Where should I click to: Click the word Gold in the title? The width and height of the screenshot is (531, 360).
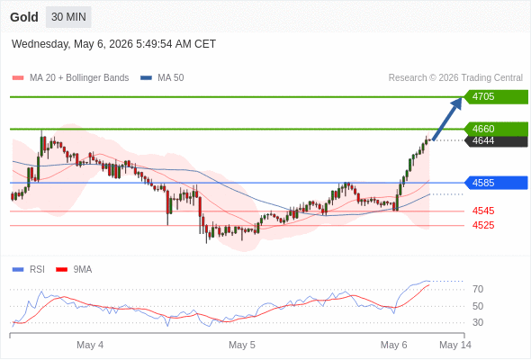click(24, 17)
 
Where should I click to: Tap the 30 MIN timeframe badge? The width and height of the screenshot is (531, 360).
click(68, 17)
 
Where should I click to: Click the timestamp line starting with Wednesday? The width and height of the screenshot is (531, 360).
click(113, 44)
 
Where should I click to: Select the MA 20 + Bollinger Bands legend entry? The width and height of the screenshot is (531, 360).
click(70, 78)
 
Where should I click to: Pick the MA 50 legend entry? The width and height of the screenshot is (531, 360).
click(162, 78)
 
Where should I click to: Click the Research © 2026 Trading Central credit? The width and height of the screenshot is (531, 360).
click(455, 78)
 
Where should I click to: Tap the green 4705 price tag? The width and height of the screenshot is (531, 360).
click(496, 97)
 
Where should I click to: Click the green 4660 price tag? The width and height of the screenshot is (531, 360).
click(496, 129)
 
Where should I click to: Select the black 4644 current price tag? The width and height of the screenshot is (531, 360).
click(496, 141)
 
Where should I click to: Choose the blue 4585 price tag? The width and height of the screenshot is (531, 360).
click(496, 183)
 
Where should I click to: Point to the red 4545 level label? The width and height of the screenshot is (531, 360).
click(483, 211)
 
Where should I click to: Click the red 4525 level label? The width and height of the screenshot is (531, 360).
click(483, 225)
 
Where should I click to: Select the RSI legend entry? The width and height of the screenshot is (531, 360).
click(29, 270)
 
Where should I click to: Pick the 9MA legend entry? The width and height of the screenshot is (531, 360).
click(74, 270)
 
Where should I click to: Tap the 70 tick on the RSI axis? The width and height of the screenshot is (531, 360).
click(478, 289)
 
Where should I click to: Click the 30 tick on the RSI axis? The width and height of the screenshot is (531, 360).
click(478, 322)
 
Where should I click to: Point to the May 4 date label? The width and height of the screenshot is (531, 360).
click(90, 345)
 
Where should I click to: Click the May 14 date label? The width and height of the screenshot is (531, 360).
click(455, 345)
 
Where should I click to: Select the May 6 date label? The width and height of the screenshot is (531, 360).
click(394, 345)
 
